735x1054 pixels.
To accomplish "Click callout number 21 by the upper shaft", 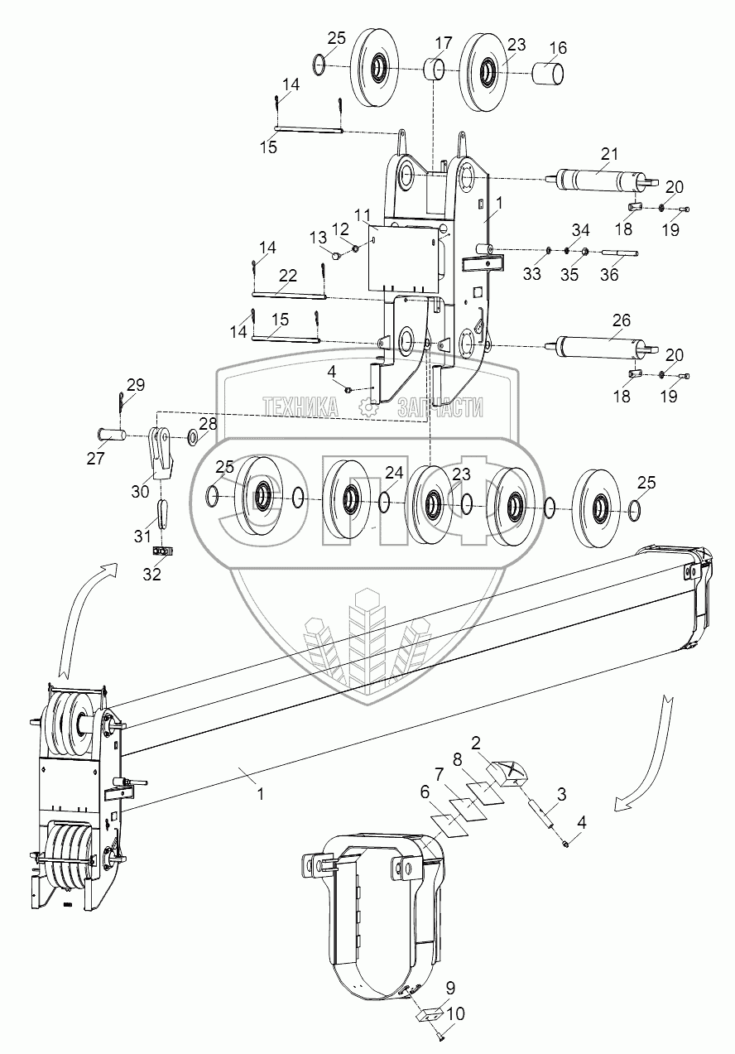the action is [x=609, y=154].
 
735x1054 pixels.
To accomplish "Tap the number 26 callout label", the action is [x=622, y=320].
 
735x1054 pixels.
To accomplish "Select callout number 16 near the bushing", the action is [x=558, y=47].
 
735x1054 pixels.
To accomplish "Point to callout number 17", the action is [x=443, y=43].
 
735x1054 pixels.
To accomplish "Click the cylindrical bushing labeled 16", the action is [x=548, y=74].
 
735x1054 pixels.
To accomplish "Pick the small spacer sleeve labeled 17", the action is [x=434, y=70].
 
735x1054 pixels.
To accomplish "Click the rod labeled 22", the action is [x=288, y=296].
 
